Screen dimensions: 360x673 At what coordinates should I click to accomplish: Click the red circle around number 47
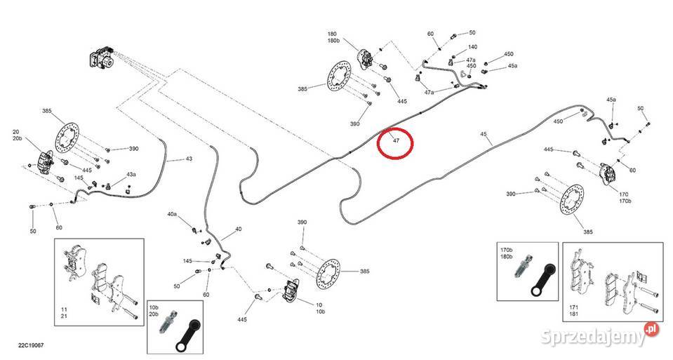click(395, 145)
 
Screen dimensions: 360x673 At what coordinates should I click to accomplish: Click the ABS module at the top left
click(102, 59)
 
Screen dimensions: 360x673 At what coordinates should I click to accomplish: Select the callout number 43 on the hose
click(188, 160)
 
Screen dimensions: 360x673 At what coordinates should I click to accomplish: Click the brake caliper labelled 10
click(292, 288)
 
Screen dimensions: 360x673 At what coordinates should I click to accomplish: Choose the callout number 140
click(472, 47)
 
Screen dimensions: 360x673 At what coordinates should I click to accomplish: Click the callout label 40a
click(172, 213)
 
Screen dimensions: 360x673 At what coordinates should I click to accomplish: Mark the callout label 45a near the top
click(512, 66)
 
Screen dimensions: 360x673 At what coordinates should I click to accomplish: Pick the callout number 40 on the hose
click(239, 229)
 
